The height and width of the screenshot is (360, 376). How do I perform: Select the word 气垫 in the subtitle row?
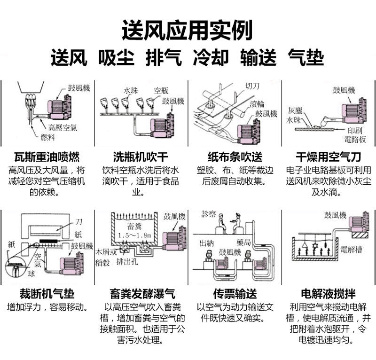(x=306, y=58)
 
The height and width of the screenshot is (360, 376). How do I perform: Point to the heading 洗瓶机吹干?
(x=141, y=157)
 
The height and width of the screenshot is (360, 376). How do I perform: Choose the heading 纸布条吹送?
(x=235, y=157)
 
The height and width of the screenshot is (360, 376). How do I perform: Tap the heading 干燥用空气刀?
(x=329, y=157)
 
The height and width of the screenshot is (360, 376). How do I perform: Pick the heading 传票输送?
(x=235, y=294)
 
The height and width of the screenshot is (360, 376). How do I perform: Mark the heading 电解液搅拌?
(x=329, y=294)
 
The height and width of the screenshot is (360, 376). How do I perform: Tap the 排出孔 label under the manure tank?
(x=126, y=262)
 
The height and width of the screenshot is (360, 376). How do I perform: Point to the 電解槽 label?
(x=350, y=249)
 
